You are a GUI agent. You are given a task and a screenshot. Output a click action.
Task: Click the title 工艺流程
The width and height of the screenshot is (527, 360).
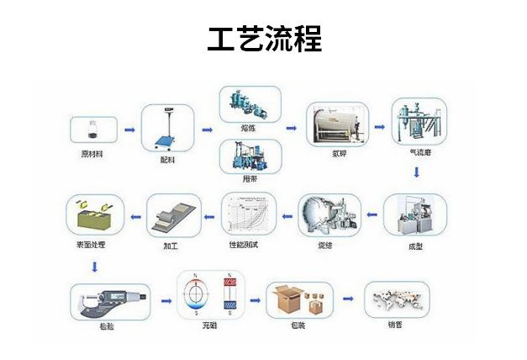pos(264,38)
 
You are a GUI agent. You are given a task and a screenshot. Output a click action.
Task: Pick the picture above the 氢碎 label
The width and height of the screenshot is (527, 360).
pos(335,124)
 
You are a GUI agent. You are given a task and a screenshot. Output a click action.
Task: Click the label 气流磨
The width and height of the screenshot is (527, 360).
pos(419,153)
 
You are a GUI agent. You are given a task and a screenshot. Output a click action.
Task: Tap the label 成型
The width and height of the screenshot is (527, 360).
pos(415,246)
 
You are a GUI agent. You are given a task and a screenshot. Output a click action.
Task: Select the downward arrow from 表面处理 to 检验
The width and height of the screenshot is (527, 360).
pos(95,267)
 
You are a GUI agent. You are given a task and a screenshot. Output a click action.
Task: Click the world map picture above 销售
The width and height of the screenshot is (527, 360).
pos(396,299)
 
